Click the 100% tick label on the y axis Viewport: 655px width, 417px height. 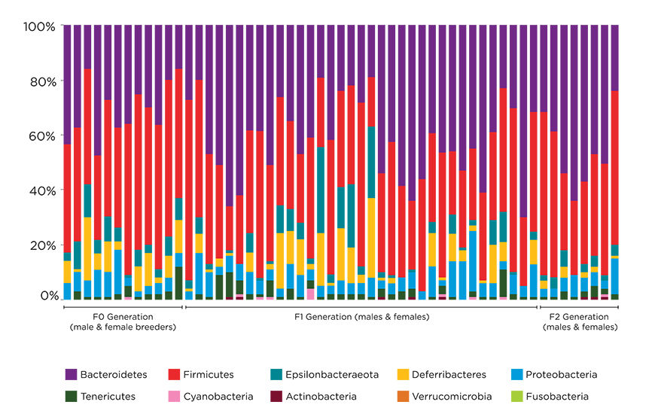pyautogui.click(x=39, y=27)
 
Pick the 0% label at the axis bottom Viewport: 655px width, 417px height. pyautogui.click(x=47, y=297)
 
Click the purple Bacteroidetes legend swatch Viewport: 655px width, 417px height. pyautogui.click(x=72, y=374)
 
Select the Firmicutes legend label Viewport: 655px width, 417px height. pyautogui.click(x=209, y=374)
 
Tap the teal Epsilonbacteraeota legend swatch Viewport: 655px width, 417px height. pyautogui.click(x=277, y=374)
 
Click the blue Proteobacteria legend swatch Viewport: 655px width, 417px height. pyautogui.click(x=517, y=374)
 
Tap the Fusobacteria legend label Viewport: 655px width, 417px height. pyautogui.click(x=558, y=396)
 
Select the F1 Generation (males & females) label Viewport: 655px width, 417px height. pyautogui.click(x=361, y=317)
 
